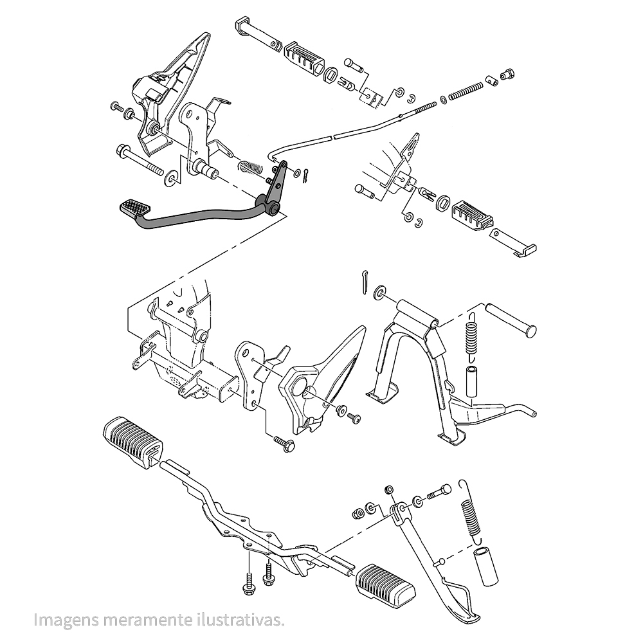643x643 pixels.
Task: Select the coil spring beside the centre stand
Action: (473, 334)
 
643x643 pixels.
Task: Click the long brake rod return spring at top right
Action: (464, 92)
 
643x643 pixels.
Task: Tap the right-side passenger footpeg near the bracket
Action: (473, 213)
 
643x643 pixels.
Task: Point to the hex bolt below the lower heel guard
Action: (284, 443)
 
